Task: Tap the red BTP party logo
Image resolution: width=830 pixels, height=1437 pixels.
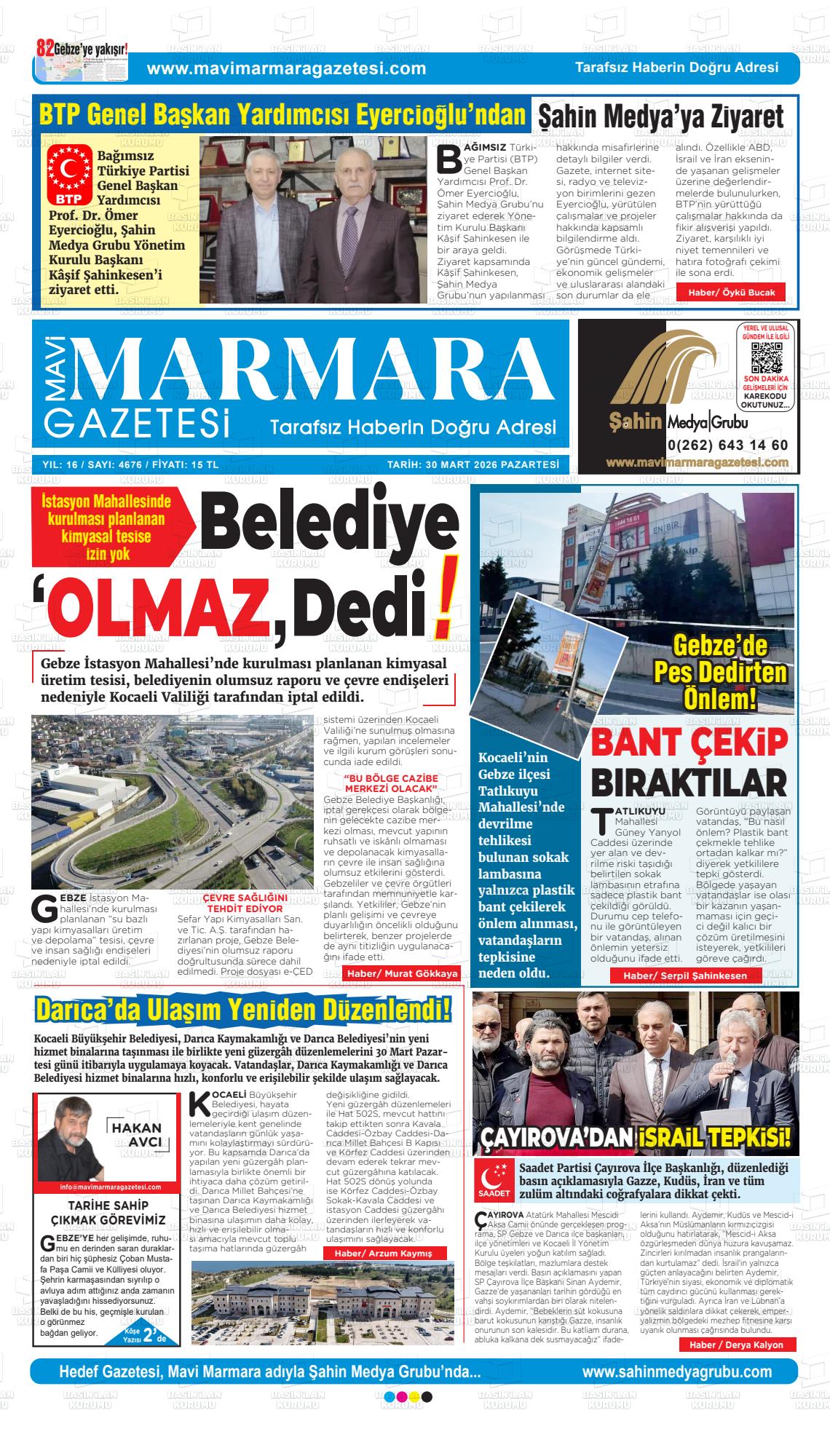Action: (70, 175)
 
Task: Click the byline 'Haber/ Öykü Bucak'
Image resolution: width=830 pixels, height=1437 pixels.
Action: (730, 293)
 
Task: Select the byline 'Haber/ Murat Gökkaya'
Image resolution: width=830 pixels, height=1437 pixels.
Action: (402, 973)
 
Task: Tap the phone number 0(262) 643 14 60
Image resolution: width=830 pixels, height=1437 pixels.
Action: (727, 446)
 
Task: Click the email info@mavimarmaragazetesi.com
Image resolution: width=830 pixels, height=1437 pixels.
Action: (110, 1187)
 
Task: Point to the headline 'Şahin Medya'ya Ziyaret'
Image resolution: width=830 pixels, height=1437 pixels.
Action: (660, 116)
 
